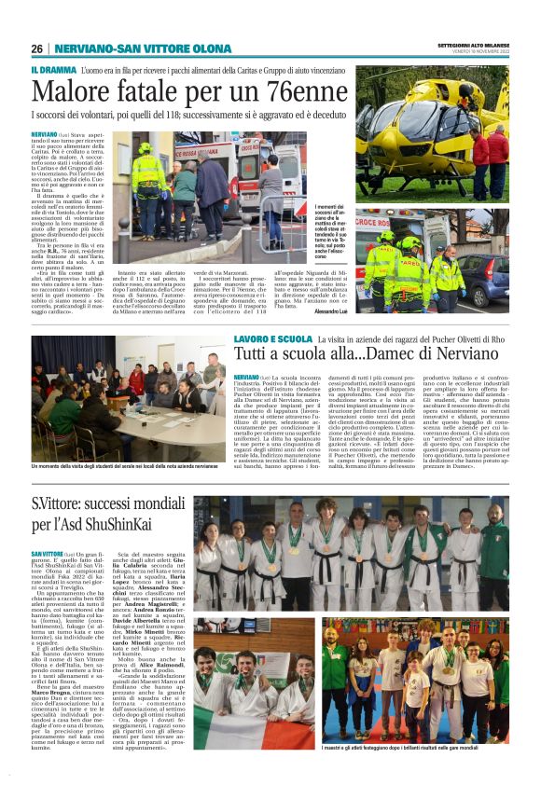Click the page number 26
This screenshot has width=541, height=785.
pyautogui.click(x=36, y=48)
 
